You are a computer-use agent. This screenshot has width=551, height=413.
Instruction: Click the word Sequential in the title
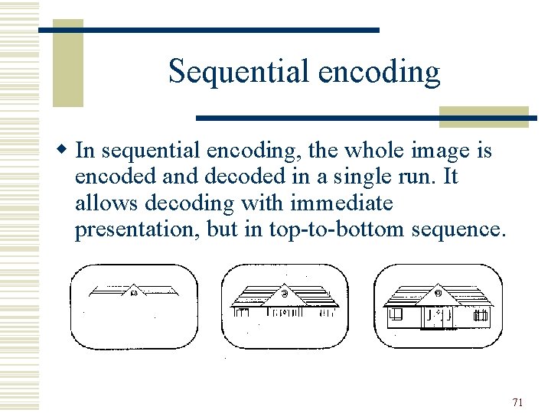click(x=227, y=72)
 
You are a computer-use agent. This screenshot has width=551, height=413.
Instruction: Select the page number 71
click(x=518, y=402)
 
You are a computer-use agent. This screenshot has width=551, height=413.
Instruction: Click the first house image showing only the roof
click(x=134, y=306)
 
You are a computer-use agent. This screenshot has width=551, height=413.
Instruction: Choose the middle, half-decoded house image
click(x=284, y=306)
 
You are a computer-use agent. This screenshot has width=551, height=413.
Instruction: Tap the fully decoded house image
click(x=437, y=306)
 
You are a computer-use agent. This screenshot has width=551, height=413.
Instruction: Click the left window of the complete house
click(x=396, y=314)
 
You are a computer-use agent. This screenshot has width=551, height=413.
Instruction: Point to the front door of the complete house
click(x=437, y=316)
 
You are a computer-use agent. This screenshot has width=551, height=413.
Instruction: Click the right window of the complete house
click(x=480, y=314)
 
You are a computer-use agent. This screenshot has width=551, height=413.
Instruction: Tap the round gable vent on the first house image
click(x=134, y=292)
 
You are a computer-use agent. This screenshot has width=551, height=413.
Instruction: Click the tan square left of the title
click(x=67, y=63)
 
